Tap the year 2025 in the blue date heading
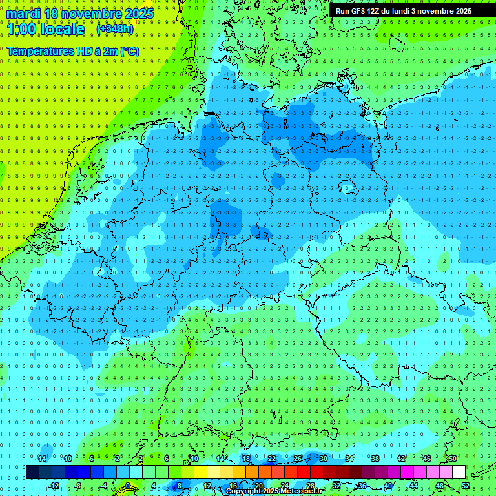[137, 14]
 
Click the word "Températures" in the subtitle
[39, 51]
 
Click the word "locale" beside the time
[61, 30]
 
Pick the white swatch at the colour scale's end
[459, 471]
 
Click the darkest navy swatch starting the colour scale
[32, 471]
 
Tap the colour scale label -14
[41, 459]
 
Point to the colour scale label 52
[466, 486]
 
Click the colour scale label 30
[323, 459]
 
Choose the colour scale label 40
[388, 486]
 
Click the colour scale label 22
[272, 459]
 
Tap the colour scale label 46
[426, 459]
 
